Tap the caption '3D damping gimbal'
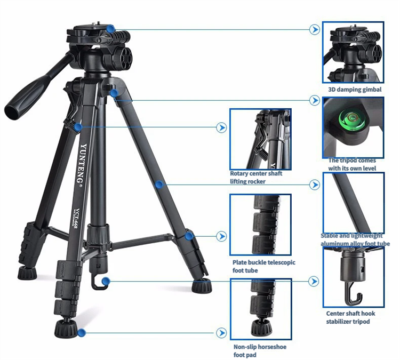pyautogui.click(x=355, y=90)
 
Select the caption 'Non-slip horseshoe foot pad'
pyautogui.click(x=260, y=351)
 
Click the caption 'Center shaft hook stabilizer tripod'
pyautogui.click(x=350, y=317)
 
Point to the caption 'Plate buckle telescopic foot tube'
pyautogui.click(x=264, y=266)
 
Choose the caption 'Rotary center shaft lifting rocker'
pyautogui.click(x=256, y=177)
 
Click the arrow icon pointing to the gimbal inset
pyautogui.click(x=315, y=29)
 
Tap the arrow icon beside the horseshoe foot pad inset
pyautogui.click(x=221, y=333)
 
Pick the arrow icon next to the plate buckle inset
pyautogui.click(x=221, y=236)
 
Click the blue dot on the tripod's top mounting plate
pyautogui.click(x=110, y=29)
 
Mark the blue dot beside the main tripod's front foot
pyautogui.click(x=82, y=333)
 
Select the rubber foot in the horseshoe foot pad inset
pyautogui.click(x=260, y=328)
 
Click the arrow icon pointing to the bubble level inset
pyautogui.click(x=315, y=100)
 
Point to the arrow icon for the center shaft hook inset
pyautogui.click(x=314, y=282)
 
